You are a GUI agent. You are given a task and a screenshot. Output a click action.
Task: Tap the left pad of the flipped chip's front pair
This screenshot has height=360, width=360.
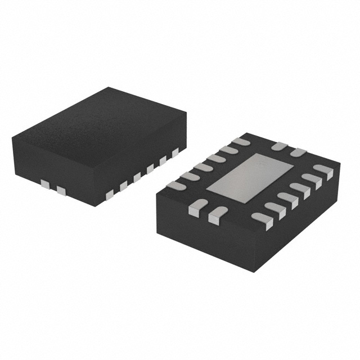click(194, 210)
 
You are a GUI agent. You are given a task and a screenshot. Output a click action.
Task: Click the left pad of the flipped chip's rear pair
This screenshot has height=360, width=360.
click(279, 147)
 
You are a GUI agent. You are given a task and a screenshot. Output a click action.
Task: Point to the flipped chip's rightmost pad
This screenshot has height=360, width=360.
click(323, 170)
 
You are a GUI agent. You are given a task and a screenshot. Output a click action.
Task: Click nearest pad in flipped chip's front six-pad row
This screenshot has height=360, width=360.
click(262, 218)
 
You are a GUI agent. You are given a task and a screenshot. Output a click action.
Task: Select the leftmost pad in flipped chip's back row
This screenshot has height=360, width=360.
click(178, 185)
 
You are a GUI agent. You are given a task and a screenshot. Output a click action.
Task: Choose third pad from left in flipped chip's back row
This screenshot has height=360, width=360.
click(203, 167)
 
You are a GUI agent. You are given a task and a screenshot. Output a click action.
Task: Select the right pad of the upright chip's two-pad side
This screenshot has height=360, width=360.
click(61, 191)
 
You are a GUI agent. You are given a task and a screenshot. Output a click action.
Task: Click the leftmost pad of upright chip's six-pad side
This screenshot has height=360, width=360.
click(109, 194)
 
